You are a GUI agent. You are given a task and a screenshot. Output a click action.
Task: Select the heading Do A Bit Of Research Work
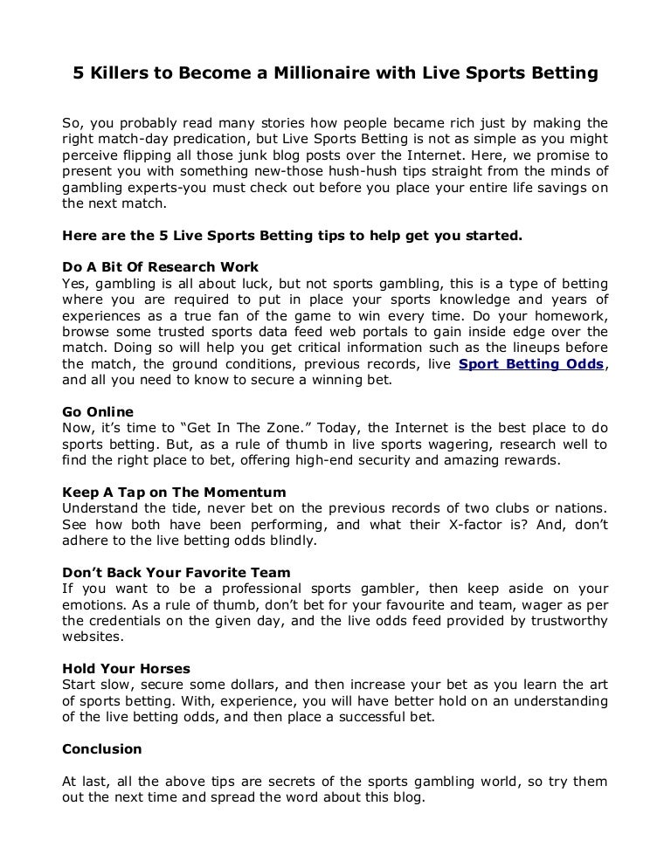[x=161, y=267]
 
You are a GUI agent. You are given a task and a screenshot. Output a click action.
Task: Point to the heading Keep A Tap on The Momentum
[x=174, y=492]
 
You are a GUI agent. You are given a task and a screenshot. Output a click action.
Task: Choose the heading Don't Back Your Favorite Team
[x=176, y=572]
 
